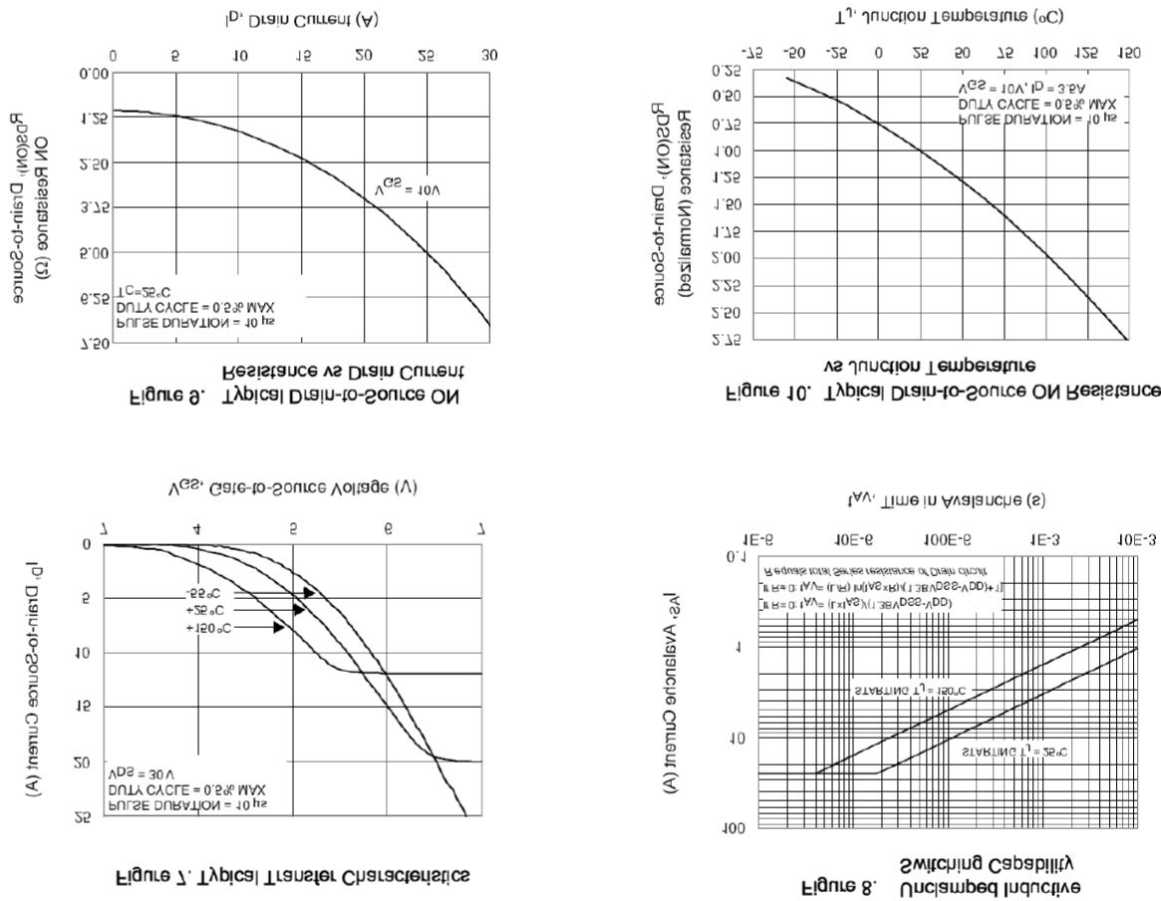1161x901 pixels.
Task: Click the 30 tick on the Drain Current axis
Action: pyautogui.click(x=488, y=57)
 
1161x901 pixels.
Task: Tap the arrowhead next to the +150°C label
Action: pyautogui.click(x=278, y=627)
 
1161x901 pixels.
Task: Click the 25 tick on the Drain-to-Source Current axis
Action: pyautogui.click(x=83, y=816)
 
